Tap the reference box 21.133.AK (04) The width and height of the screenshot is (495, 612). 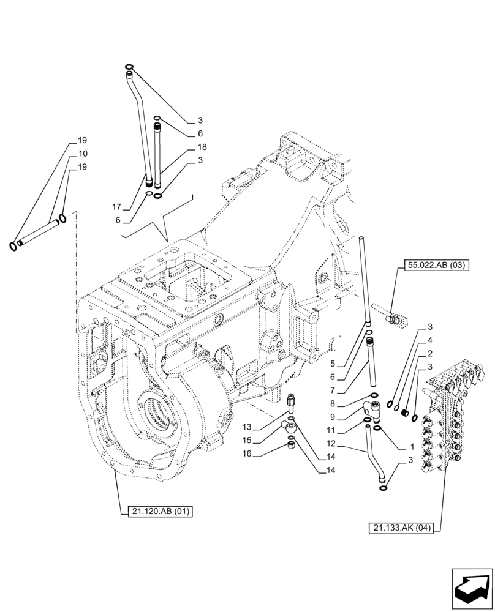click(401, 528)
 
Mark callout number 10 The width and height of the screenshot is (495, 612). click(83, 154)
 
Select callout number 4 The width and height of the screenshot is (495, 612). click(431, 340)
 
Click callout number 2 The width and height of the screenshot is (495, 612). click(431, 353)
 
